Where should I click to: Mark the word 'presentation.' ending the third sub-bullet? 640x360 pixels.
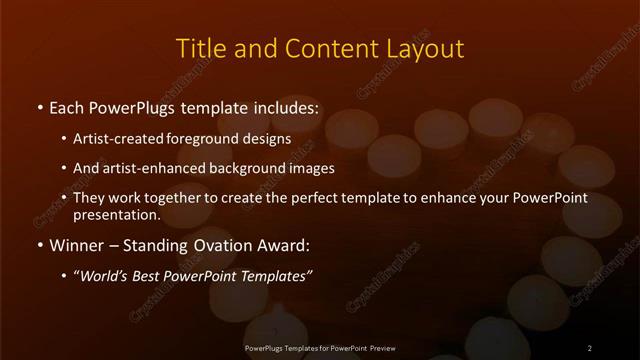[x=117, y=214]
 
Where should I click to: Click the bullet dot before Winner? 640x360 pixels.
[x=39, y=245]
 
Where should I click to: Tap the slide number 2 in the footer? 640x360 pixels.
[x=589, y=347]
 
